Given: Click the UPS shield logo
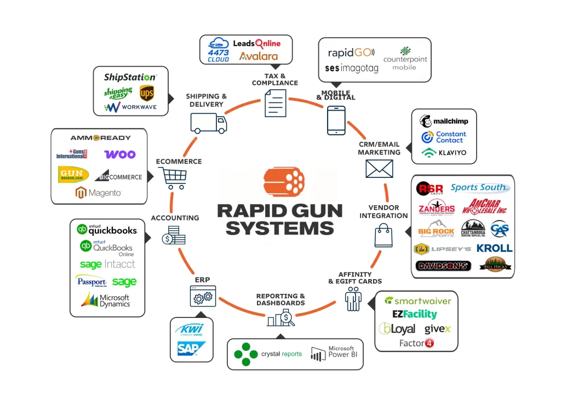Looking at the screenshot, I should [146, 94].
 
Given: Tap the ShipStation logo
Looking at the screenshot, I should [130, 77].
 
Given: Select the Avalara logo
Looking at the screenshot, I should [258, 56].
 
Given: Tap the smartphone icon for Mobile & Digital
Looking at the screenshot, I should [336, 120].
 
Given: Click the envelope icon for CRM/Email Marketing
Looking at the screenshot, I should [379, 168].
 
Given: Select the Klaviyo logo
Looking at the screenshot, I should [444, 153].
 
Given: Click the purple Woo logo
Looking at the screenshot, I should [119, 154].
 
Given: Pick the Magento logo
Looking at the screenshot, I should [98, 193].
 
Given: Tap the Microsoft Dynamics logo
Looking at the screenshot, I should [106, 300].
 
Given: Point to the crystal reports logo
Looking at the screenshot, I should [268, 354].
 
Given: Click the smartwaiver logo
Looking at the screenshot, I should [417, 300].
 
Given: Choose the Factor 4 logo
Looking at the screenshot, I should [416, 343].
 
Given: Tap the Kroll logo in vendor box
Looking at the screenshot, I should [494, 248].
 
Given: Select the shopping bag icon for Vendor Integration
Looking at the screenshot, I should [382, 236].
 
